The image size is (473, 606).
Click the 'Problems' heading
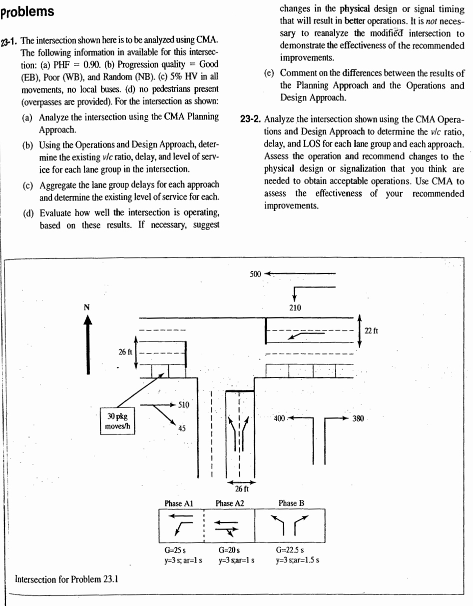[28, 11]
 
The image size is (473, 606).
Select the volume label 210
[295, 307]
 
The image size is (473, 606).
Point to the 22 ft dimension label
[373, 330]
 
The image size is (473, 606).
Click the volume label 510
[184, 405]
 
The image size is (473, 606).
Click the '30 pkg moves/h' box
[116, 420]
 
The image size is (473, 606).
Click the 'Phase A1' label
[178, 503]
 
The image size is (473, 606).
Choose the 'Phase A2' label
[229, 503]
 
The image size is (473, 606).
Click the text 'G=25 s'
[175, 549]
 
